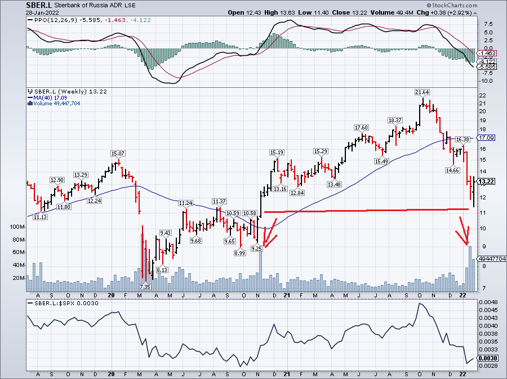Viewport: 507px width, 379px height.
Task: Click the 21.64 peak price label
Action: [x=422, y=92]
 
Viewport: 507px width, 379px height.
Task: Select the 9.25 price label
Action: [x=256, y=248]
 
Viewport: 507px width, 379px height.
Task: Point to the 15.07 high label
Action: [x=117, y=154]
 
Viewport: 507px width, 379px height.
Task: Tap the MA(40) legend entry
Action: [x=47, y=97]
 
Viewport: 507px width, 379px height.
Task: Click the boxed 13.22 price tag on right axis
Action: [x=487, y=181]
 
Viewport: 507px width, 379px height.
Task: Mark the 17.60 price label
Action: [x=361, y=127]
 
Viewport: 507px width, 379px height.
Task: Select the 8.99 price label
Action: [x=240, y=253]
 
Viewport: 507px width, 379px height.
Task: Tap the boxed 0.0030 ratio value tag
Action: [x=487, y=358]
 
